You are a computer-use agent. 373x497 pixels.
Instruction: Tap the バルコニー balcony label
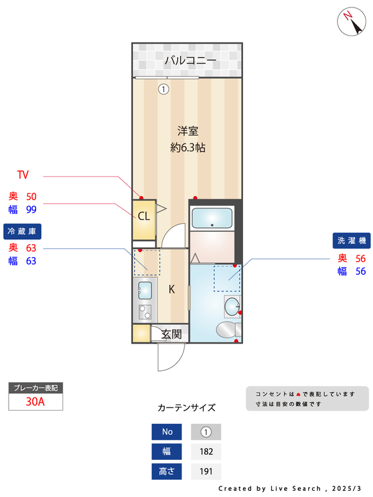click(190, 61)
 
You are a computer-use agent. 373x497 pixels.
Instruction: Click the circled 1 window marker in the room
click(163, 89)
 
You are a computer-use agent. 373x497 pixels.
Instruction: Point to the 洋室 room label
click(187, 131)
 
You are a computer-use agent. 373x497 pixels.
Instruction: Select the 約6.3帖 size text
click(188, 148)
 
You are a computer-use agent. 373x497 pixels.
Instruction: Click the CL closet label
click(144, 216)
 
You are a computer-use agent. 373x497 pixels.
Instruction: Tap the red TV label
click(23, 175)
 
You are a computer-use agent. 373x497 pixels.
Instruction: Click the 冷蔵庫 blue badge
click(22, 231)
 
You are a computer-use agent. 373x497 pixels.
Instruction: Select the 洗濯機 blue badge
click(352, 240)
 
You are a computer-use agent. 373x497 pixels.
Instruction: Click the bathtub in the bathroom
click(211, 218)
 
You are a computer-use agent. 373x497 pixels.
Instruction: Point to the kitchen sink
click(145, 290)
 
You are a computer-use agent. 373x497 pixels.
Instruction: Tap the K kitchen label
click(172, 289)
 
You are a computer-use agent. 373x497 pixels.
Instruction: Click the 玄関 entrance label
click(172, 334)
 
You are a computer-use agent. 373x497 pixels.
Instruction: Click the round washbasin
click(231, 305)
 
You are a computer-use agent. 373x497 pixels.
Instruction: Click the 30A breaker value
click(35, 401)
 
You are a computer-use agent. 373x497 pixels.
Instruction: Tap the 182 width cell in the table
click(206, 452)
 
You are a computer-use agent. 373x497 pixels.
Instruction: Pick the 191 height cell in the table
click(206, 472)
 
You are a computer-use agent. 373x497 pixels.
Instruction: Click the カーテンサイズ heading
click(186, 408)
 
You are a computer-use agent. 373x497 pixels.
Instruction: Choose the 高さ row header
click(167, 472)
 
